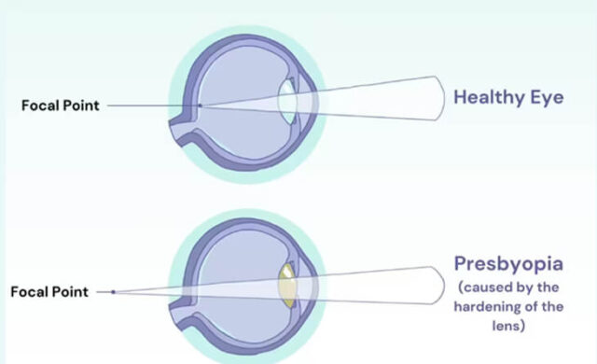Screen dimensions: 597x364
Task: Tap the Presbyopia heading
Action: [510, 265]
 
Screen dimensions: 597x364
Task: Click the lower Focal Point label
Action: [49, 292]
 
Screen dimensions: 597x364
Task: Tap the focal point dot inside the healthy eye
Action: [200, 105]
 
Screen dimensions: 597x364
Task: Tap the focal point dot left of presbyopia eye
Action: [114, 292]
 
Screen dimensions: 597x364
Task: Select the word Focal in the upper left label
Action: [39, 105]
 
